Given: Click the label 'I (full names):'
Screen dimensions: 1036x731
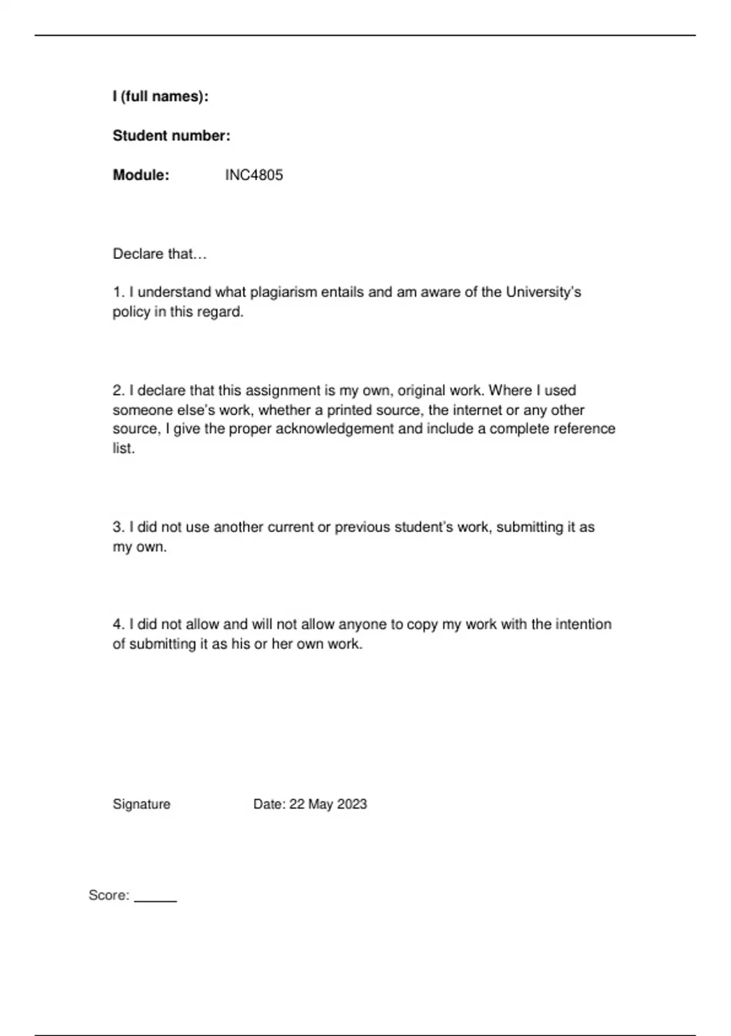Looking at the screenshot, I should (160, 96).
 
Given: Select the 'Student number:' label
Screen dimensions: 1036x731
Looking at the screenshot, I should (171, 136).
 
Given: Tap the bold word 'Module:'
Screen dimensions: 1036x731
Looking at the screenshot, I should (141, 176).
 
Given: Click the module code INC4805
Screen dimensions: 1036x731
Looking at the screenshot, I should (254, 176).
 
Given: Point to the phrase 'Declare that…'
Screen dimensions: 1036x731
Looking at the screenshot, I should (160, 254).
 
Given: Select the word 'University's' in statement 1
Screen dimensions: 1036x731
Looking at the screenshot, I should (543, 293).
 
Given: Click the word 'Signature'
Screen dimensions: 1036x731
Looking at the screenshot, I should (141, 804).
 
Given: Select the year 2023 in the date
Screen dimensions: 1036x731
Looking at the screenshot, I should (351, 804).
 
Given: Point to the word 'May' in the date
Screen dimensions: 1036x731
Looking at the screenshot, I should (320, 804).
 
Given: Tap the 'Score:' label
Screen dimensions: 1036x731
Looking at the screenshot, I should (109, 895).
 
